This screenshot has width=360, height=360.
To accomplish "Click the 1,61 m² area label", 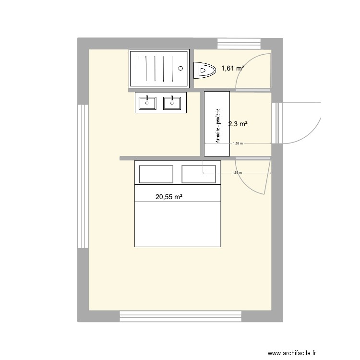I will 233,69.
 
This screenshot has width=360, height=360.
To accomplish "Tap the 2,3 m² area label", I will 238,124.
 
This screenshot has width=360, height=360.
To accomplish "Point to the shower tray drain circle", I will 181,68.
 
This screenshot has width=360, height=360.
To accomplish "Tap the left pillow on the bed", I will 156,174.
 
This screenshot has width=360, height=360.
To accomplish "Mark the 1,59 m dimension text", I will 237,173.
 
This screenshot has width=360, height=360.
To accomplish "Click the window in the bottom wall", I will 180,316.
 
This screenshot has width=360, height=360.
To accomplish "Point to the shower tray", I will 160,69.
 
